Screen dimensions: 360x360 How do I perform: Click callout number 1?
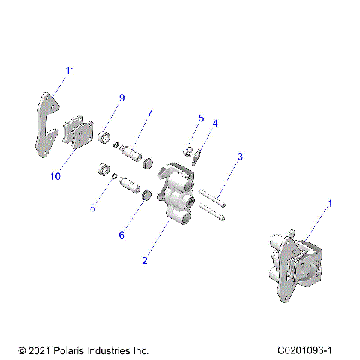(328, 202)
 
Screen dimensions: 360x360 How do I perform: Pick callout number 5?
(201, 118)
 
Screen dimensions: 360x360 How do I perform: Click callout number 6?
(121, 235)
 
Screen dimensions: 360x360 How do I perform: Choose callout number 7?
(149, 112)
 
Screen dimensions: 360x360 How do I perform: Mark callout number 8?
(93, 208)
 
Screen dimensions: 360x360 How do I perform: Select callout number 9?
(121, 97)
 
